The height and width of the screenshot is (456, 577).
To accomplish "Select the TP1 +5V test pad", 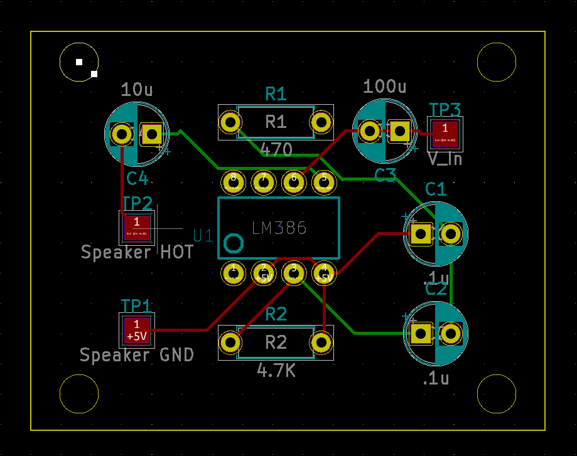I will coord(136,330).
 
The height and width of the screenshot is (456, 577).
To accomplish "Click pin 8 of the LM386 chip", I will coord(234,182).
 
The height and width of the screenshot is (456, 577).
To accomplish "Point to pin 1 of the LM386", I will coord(234,273).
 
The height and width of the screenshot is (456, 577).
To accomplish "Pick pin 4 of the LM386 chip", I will coord(324,273).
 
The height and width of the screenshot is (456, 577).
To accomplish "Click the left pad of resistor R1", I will coord(230,122).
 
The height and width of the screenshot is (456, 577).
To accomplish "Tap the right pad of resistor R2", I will coord(321,342).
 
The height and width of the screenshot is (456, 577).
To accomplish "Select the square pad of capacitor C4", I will coord(151,134).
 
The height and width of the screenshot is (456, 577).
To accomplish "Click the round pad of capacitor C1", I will coord(450,234).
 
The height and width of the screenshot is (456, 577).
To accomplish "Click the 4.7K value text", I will coord(276,371).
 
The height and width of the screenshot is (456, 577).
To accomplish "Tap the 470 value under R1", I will coord(276,151).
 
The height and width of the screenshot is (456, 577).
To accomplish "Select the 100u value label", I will coord(385,87).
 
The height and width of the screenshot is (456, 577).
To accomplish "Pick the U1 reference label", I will coord(203,236).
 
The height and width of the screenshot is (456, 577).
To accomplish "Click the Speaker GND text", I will coord(136,355).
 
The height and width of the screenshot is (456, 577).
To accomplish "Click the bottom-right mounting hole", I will coord(497,393).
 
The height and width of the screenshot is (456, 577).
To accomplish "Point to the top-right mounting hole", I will coord(497,62).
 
